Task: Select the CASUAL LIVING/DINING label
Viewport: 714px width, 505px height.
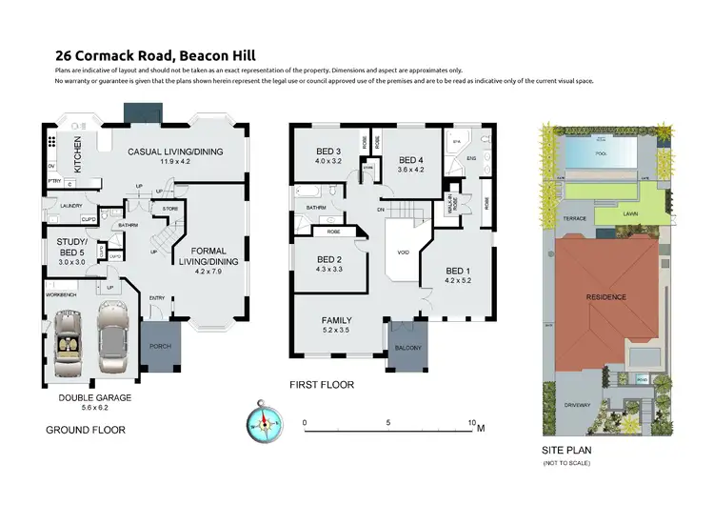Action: (x=174, y=151)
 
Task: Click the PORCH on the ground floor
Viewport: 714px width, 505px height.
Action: (x=158, y=346)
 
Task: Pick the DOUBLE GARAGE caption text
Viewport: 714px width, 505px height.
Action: (x=95, y=397)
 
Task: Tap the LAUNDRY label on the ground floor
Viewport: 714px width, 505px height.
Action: (x=70, y=204)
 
